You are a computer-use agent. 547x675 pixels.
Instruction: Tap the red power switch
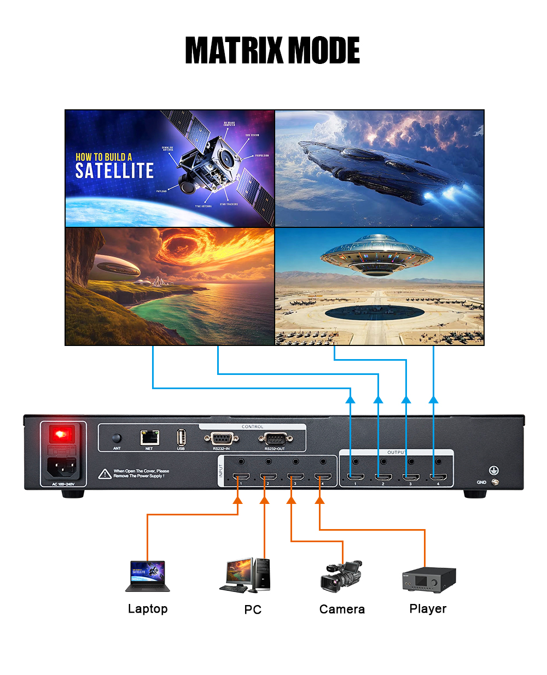tap(61, 435)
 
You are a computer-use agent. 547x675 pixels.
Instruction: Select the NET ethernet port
tap(149, 437)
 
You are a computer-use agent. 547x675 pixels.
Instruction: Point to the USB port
tap(181, 437)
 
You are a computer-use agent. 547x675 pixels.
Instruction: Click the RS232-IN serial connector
tap(221, 438)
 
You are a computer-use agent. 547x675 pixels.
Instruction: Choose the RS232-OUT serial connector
tap(275, 438)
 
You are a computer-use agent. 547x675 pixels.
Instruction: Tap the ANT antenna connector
tap(117, 438)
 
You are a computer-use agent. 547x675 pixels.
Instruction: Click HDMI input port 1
tap(241, 477)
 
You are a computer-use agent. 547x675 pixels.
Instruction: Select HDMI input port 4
tap(323, 477)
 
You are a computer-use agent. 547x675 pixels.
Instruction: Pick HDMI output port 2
tap(383, 477)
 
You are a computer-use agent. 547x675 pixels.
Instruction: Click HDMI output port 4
tap(438, 477)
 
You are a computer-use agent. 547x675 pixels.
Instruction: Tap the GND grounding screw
tap(495, 482)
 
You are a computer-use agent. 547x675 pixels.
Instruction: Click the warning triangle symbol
tap(105, 474)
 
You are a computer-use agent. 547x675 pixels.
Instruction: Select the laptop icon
tap(148, 576)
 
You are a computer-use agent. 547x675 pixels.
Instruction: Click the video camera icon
tap(341, 576)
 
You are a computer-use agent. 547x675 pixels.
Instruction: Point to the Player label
tap(428, 609)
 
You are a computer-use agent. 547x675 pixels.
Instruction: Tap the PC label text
tap(253, 609)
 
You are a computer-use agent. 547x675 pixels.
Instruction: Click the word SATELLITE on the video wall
tap(114, 171)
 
